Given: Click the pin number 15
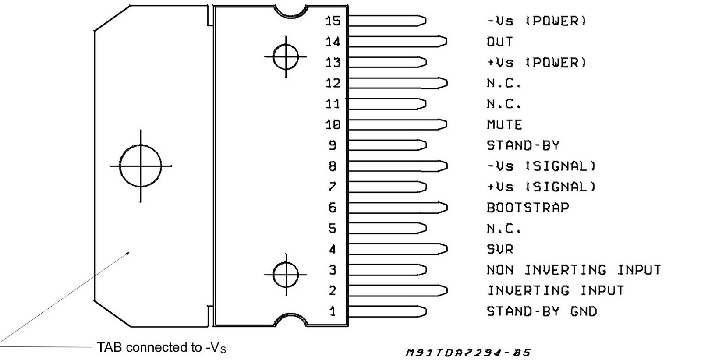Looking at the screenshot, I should pyautogui.click(x=333, y=21).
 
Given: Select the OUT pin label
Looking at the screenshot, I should pyautogui.click(x=499, y=42).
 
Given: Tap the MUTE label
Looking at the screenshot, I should pyautogui.click(x=504, y=125).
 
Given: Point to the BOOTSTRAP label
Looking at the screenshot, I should pyautogui.click(x=528, y=207).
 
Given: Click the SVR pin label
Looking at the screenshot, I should pyautogui.click(x=499, y=249).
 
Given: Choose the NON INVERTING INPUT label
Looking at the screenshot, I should pyautogui.click(x=573, y=270).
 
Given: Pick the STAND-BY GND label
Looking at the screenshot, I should pyautogui.click(x=542, y=311).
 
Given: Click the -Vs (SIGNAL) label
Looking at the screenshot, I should pyautogui.click(x=541, y=166).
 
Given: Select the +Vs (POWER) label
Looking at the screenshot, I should pyautogui.click(x=536, y=62).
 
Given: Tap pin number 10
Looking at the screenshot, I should pyautogui.click(x=333, y=125).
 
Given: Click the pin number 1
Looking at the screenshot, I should pyautogui.click(x=333, y=311).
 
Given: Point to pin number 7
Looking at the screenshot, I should pyautogui.click(x=333, y=187).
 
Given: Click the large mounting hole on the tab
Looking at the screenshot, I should pyautogui.click(x=141, y=166).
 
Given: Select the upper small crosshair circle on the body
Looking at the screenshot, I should pyautogui.click(x=286, y=56).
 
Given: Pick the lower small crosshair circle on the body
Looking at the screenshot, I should pyautogui.click(x=286, y=275).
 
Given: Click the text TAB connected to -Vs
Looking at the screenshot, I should pyautogui.click(x=162, y=348).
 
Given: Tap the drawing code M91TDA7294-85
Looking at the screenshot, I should pyautogui.click(x=468, y=352).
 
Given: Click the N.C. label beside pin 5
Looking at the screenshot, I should pyautogui.click(x=504, y=228).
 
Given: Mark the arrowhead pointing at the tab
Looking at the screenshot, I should pyautogui.click(x=128, y=253).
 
